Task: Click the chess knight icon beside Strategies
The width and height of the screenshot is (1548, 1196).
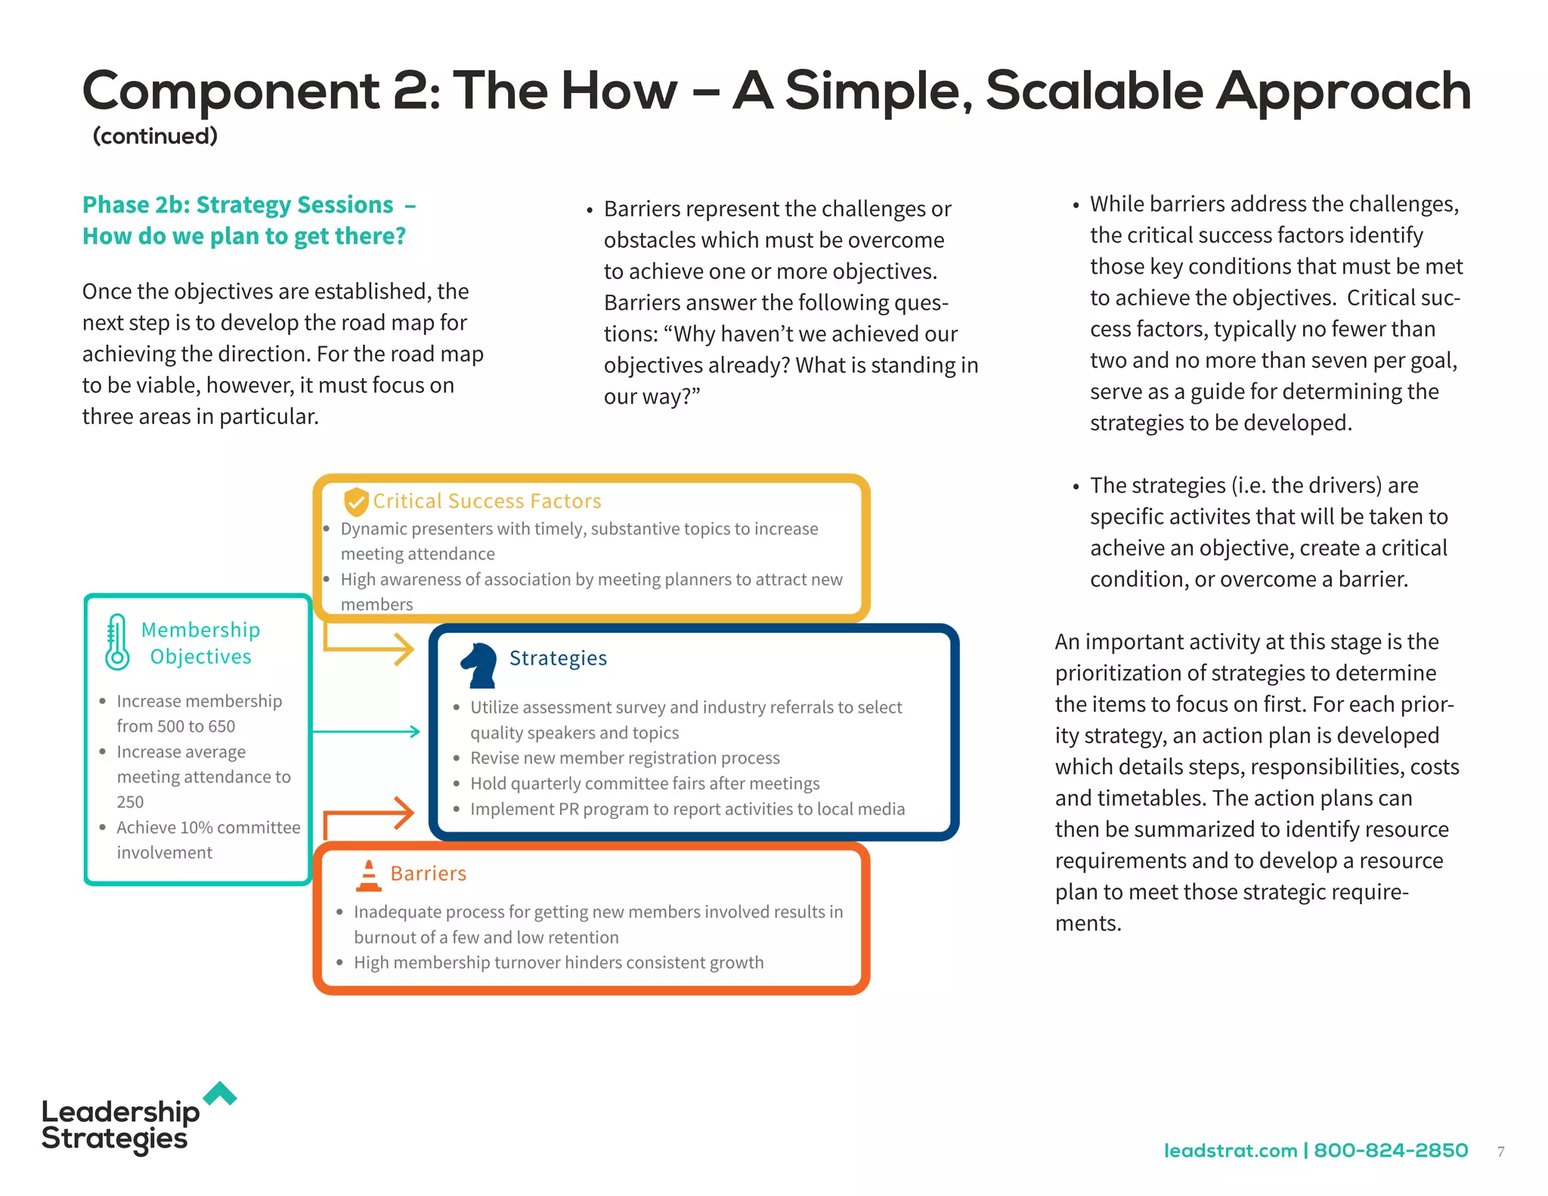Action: [x=479, y=665]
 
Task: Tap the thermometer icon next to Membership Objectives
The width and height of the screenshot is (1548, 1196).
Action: [x=117, y=642]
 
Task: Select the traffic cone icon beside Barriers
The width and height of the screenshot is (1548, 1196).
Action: [x=369, y=875]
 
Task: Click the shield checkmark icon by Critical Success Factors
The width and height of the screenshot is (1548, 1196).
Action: [x=356, y=501]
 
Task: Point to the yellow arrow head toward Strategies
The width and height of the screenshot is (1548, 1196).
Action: [x=405, y=649]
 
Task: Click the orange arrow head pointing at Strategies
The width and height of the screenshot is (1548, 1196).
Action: [x=405, y=813]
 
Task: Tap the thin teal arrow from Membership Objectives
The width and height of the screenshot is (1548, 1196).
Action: [x=367, y=731]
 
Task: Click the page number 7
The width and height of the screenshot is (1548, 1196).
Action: [x=1500, y=1151]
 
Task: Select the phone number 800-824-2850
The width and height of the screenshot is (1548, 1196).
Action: [x=1391, y=1150]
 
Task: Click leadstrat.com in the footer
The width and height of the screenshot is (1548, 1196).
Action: [x=1230, y=1150]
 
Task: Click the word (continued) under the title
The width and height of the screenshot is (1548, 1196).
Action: [x=155, y=136]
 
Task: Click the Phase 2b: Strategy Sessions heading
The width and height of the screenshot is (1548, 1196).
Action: [x=238, y=205]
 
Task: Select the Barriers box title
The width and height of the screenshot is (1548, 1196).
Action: [x=428, y=873]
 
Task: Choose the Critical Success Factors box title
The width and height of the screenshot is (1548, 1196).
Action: [x=487, y=501]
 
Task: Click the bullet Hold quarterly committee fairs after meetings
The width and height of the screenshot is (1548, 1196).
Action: [x=644, y=783]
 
